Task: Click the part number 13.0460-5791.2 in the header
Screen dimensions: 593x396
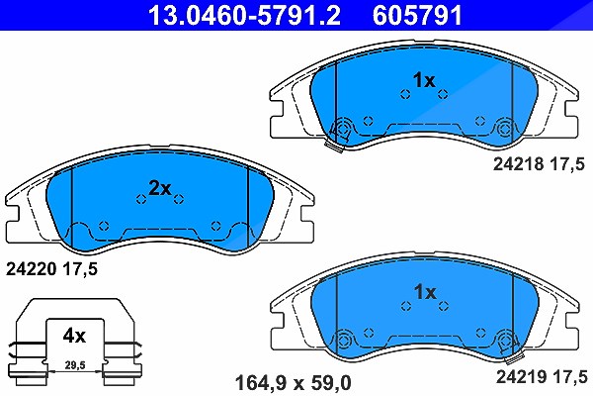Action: (x=244, y=15)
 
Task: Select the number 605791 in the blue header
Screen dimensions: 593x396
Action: (x=417, y=15)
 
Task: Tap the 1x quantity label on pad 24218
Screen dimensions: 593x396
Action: (x=424, y=80)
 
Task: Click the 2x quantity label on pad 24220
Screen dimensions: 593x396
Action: (x=160, y=188)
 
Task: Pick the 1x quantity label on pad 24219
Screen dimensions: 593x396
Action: (x=425, y=292)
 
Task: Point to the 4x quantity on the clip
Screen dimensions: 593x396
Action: (x=74, y=336)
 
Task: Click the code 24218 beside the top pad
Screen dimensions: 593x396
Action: (x=518, y=164)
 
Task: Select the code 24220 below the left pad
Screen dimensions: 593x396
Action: (x=31, y=269)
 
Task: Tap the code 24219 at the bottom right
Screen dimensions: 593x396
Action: (x=521, y=376)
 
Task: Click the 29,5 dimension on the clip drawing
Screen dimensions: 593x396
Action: (x=75, y=365)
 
